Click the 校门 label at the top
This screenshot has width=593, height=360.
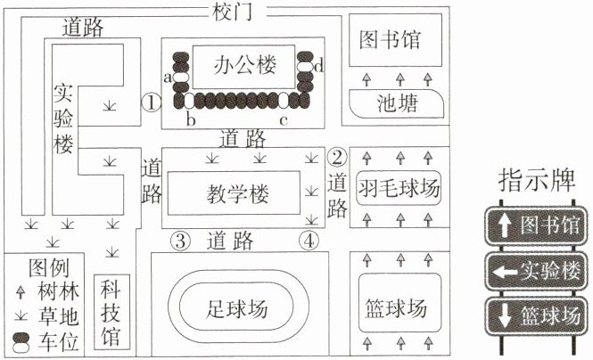(x=232, y=12)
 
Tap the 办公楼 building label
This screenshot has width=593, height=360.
(x=244, y=65)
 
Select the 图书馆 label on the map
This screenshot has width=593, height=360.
(x=390, y=40)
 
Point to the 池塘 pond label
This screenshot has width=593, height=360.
(x=398, y=103)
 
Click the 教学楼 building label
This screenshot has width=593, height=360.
(x=237, y=194)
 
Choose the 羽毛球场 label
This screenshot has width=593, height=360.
(x=399, y=188)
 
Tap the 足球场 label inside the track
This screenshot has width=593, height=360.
(x=236, y=307)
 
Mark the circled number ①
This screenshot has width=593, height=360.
(x=152, y=102)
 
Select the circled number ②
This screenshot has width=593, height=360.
(x=337, y=157)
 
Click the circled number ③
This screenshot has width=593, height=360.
(x=180, y=241)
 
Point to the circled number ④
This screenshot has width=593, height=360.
(x=309, y=241)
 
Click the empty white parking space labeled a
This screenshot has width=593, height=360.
(x=181, y=77)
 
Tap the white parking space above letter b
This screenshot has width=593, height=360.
(x=189, y=101)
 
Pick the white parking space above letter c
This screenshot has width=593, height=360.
(x=284, y=101)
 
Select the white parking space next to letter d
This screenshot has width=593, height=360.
(x=305, y=67)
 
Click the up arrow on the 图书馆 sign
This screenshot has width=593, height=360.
(x=503, y=225)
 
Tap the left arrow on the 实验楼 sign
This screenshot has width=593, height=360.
(x=505, y=271)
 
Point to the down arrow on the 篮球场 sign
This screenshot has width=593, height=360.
(x=504, y=315)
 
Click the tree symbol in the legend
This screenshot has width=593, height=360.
(x=21, y=292)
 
